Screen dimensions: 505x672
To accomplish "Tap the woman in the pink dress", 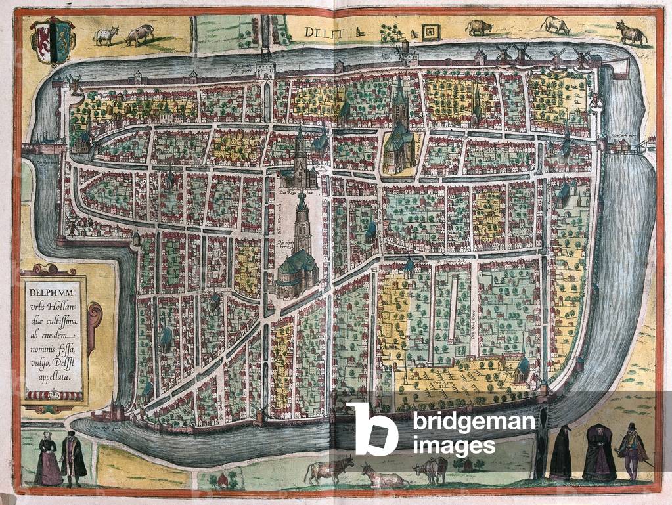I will [48, 459].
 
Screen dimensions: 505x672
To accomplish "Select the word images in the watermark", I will [453, 447].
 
